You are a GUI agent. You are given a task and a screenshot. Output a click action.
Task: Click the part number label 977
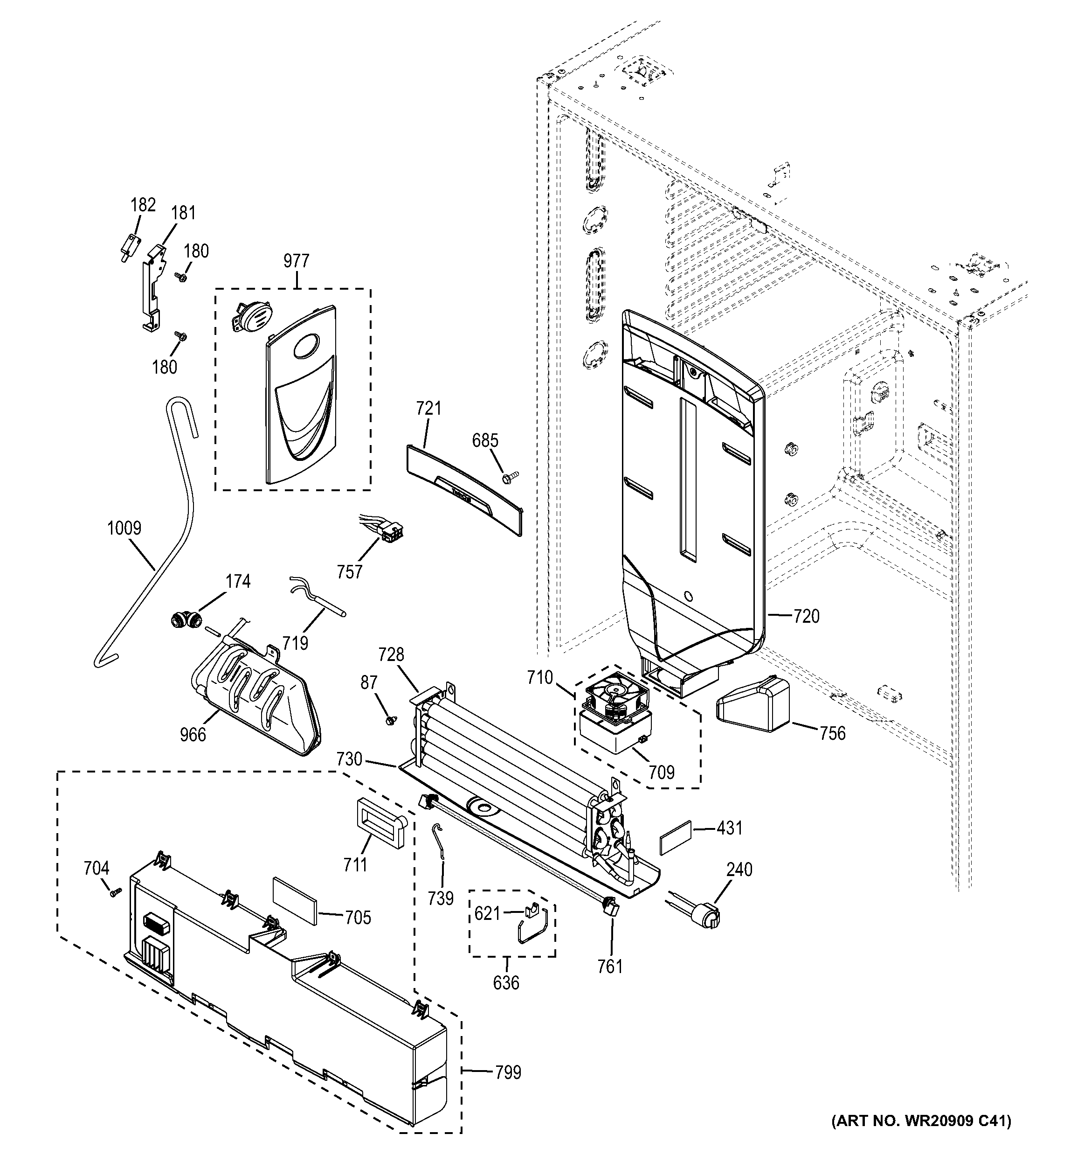296,261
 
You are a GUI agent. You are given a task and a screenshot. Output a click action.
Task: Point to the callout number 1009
124,528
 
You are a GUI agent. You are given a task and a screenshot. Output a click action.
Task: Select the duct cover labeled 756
755,705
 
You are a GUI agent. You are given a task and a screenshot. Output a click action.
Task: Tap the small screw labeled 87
390,720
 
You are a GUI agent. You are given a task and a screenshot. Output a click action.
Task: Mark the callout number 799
508,1072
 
